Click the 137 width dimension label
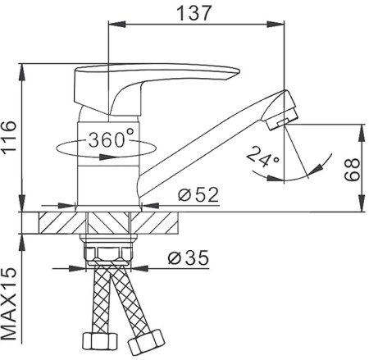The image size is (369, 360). pos(194,13)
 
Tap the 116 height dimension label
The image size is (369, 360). pos(9,138)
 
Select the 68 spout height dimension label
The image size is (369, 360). pos(352,170)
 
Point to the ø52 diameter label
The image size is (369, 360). pos(198,194)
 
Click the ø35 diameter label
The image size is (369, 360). pos(189,257)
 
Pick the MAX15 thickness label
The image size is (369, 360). pos(9,303)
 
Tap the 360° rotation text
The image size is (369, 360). pos(112,139)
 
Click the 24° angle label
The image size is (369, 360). pos(262,157)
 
